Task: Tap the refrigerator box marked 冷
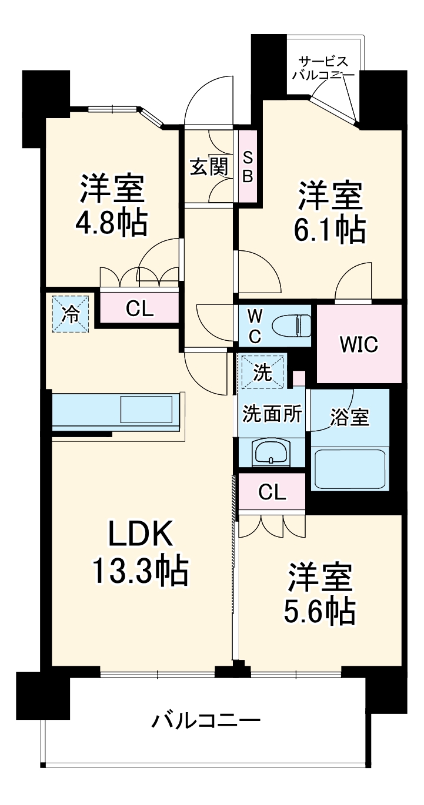click(x=69, y=314)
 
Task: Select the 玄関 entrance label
click(x=208, y=167)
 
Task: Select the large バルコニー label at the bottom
click(x=206, y=720)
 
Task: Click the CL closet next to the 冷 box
click(x=139, y=308)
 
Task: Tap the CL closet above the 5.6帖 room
click(x=272, y=492)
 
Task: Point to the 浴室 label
click(x=349, y=417)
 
